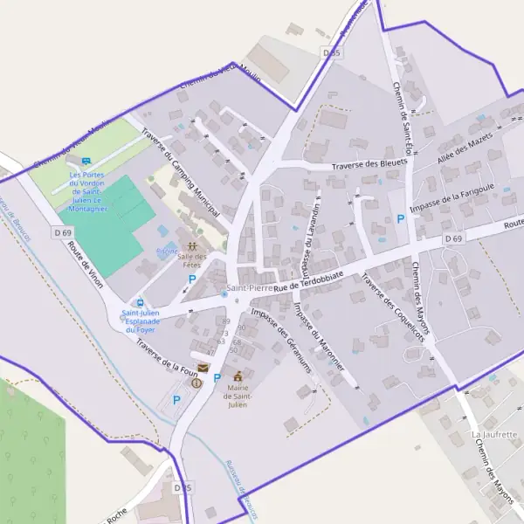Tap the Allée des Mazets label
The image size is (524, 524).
tap(468, 148)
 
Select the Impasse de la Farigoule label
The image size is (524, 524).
tap(465, 196)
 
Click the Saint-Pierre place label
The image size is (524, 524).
tap(250, 287)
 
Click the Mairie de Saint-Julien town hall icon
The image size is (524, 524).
tap(238, 376)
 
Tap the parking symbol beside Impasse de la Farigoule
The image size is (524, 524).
tap(401, 218)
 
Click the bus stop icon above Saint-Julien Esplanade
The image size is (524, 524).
tap(141, 302)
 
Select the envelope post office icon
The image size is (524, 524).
tap(203, 369)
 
